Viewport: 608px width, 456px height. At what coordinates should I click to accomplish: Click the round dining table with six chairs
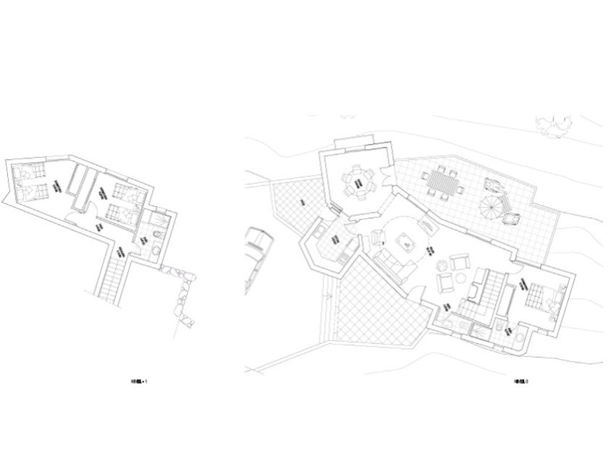[358, 180]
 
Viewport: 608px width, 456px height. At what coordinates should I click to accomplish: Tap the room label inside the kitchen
[336, 240]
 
